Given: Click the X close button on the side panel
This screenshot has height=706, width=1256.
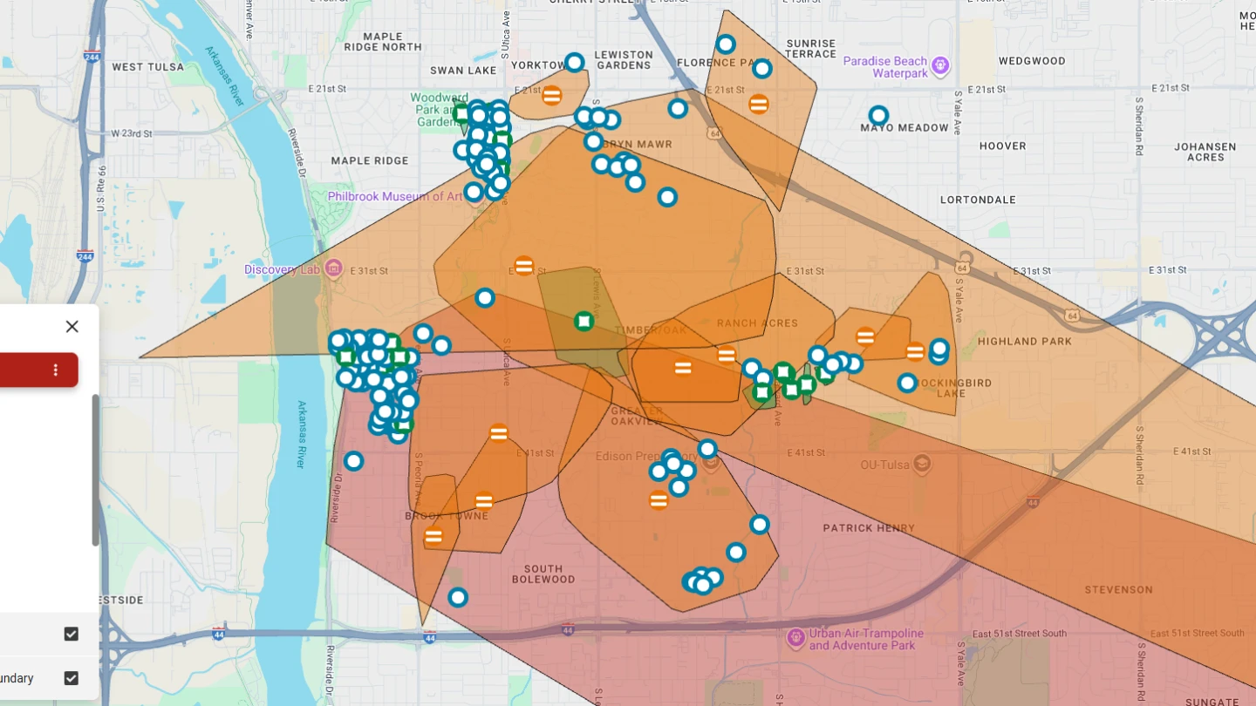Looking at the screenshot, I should point(72,326).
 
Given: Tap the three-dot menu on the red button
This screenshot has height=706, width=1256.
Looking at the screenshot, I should point(56,370).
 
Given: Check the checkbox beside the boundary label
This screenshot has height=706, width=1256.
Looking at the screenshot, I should point(72,678).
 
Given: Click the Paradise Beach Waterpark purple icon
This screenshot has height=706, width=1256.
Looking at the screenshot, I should point(939,65).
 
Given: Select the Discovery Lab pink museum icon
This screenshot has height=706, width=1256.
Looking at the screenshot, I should point(333,268).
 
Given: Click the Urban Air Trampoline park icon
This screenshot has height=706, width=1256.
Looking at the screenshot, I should point(795,638).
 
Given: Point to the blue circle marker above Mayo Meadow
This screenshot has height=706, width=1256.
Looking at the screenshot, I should point(878,115).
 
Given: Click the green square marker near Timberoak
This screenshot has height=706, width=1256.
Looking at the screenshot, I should point(584,322).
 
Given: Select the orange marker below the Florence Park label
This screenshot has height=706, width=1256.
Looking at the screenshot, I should point(759,104).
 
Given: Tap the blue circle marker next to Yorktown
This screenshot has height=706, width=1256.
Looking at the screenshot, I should point(574,63).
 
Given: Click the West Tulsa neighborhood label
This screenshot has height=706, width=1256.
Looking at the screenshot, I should point(148,67).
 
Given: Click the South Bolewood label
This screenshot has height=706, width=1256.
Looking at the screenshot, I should point(543,574).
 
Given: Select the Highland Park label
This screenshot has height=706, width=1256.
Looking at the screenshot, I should point(1025,341).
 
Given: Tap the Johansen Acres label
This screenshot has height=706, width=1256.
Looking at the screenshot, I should point(1205,152).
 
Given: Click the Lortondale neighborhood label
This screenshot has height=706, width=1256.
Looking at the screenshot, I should point(979,200).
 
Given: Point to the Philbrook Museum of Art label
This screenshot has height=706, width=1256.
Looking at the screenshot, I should point(394,197).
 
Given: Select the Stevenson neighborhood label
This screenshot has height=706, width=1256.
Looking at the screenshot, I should point(1118,590).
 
